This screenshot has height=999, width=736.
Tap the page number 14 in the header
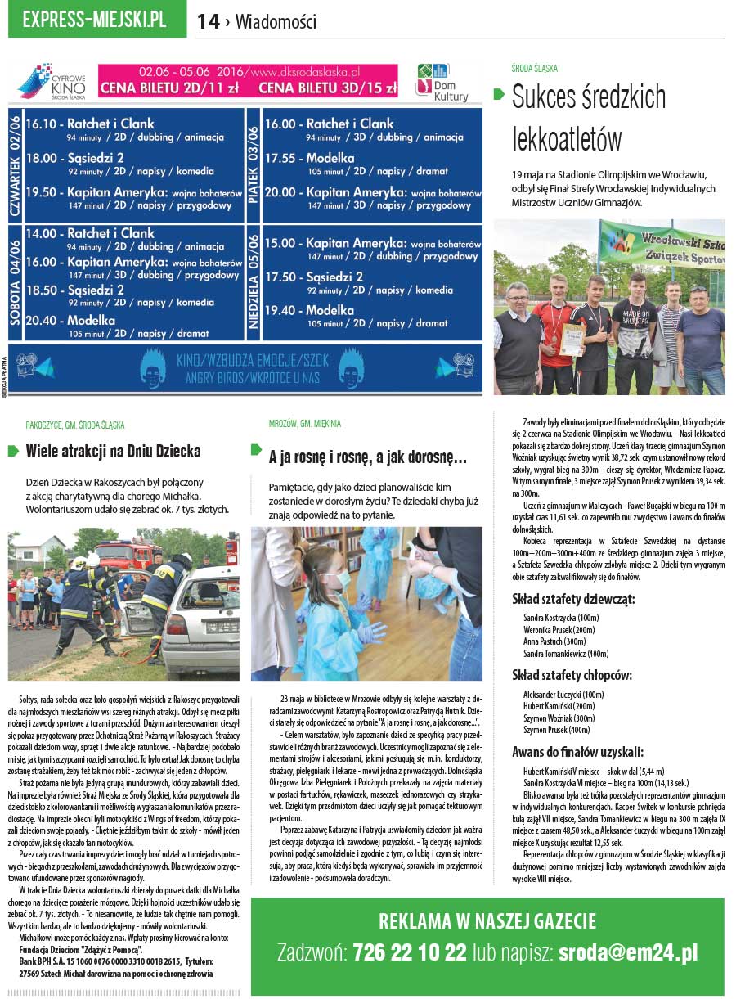pos(208,22)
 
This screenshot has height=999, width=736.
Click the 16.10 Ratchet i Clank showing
pos(90,124)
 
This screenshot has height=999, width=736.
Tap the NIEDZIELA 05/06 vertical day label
pos(254,281)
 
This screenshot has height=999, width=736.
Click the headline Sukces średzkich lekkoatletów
pos(589,119)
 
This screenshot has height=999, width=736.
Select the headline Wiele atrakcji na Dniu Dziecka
pos(113,451)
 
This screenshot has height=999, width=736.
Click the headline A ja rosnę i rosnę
pos(367,458)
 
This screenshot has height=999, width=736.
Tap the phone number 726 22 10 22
pos(410,952)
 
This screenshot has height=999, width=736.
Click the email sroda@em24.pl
pos(628,952)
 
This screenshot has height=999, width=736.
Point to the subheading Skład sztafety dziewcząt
pos(573,599)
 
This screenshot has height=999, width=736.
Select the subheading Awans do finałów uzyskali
pos(577,752)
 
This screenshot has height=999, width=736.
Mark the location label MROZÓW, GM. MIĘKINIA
pos(305,424)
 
